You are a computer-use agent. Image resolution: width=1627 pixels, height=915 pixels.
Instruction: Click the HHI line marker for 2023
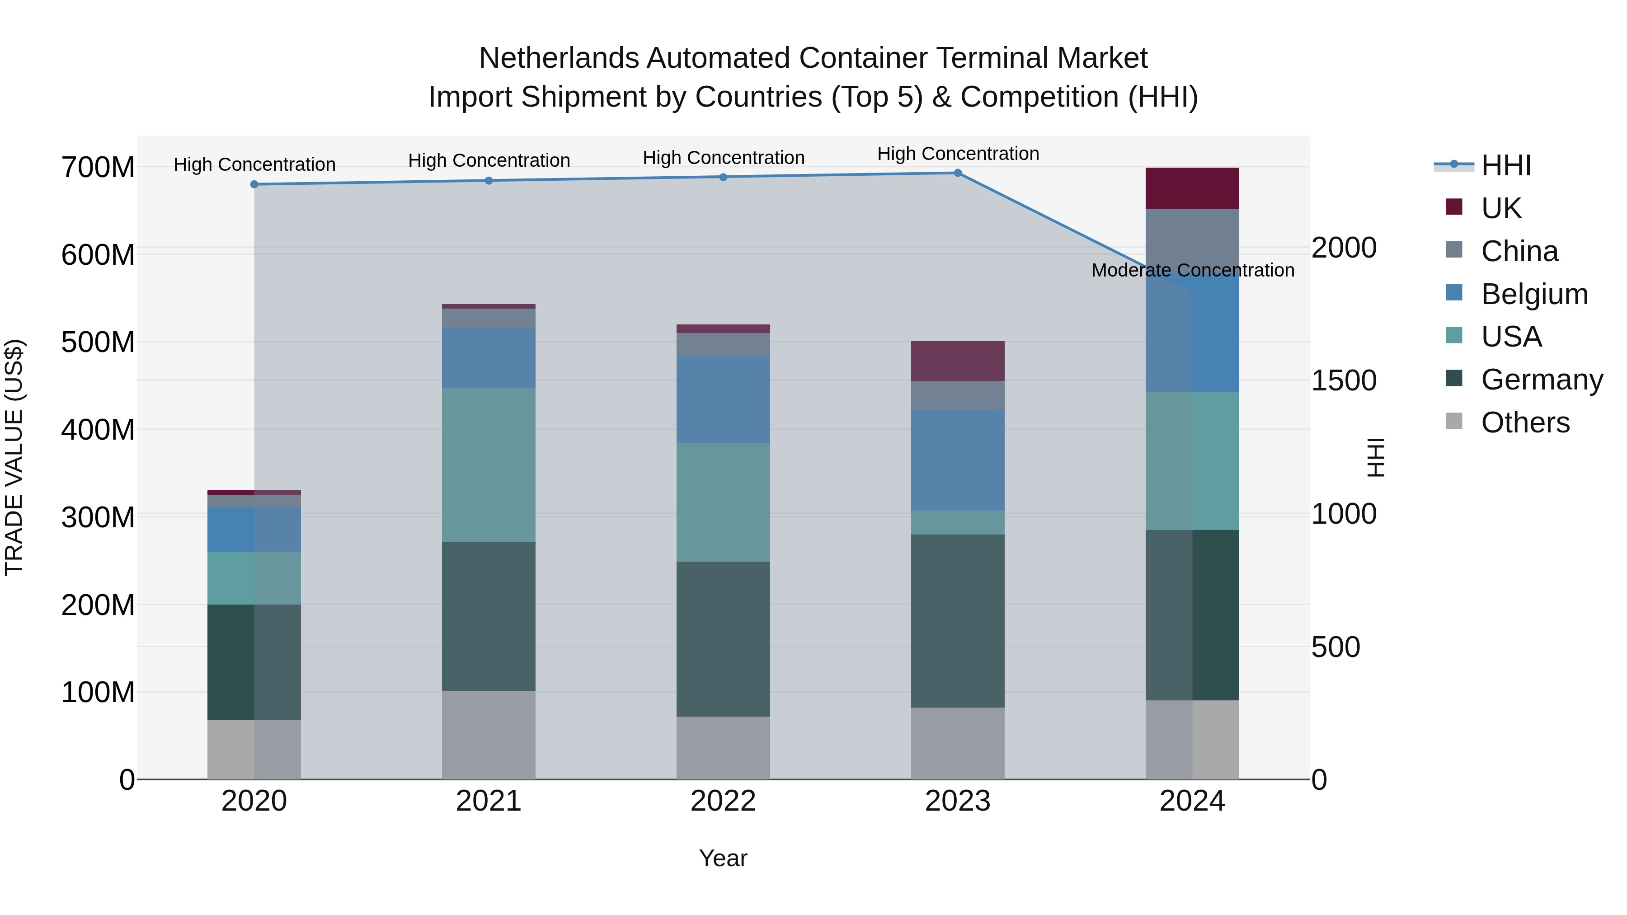958,173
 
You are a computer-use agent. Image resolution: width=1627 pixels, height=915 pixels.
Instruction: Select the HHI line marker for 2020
254,184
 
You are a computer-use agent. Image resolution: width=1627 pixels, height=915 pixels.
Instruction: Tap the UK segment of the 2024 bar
1192,188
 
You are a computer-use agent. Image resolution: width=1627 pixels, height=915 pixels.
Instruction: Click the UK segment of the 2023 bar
958,361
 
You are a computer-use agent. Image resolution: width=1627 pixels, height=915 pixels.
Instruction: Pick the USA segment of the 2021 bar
488,465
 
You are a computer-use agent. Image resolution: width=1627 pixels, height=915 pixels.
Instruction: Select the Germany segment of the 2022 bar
723,638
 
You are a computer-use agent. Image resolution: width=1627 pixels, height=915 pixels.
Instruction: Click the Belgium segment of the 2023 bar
958,460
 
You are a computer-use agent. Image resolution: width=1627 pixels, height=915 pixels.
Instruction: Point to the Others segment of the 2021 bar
488,735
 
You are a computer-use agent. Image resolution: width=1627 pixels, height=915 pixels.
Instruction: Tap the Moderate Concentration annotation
1193,270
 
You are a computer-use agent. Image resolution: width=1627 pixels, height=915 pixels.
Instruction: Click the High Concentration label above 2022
723,158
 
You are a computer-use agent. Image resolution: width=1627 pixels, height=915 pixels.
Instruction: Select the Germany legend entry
1541,380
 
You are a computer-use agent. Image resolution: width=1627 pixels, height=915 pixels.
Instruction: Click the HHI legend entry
1506,165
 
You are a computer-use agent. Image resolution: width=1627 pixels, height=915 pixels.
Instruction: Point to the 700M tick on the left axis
98,168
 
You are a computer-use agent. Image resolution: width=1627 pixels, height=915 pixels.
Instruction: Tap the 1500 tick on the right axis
1344,381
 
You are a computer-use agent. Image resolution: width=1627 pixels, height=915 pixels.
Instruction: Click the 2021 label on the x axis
488,801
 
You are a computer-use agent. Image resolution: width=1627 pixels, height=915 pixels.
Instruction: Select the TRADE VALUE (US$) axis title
14,457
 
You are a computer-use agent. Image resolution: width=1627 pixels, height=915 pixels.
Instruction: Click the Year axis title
723,858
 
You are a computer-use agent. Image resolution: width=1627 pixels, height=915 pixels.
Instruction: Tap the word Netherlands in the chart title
559,58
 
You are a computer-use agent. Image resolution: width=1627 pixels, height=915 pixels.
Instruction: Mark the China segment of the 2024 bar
1192,240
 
